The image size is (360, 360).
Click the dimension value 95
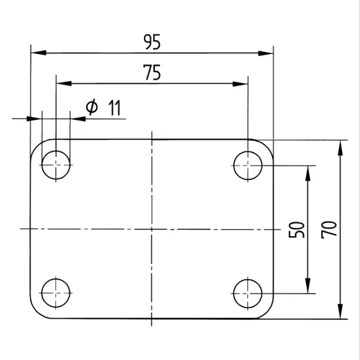pos(152,43)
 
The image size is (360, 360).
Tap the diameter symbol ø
pos(91,107)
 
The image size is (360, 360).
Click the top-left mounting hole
pos(55,165)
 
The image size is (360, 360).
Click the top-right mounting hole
pos(248,165)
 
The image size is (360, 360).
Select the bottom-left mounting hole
pos(55,293)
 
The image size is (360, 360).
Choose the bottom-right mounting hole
pos(248,293)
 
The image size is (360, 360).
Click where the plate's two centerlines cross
pos(152,228)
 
